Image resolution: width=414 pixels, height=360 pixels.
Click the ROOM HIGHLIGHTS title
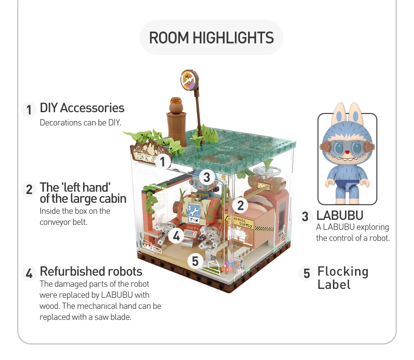pos(211,38)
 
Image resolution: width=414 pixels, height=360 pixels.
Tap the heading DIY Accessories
pos(82,108)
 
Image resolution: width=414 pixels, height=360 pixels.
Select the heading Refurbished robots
pos(91,272)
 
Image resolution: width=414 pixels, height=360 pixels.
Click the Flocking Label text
pos(343,278)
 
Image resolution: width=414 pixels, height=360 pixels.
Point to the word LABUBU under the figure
pos(340,216)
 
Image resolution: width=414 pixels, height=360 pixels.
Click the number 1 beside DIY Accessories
pos(29,110)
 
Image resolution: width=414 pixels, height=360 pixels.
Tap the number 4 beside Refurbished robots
pos(29,273)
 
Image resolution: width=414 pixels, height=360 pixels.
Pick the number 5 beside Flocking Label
pos(307,273)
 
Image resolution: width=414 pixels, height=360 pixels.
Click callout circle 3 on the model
pos(207,177)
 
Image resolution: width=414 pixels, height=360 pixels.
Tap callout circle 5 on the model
pos(195,261)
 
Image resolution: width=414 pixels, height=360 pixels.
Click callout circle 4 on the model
pos(176,236)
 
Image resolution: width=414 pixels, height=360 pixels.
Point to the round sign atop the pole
pos(188,80)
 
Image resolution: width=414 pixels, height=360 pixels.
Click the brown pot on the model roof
pos(176,105)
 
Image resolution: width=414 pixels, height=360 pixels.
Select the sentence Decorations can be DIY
pos(80,123)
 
